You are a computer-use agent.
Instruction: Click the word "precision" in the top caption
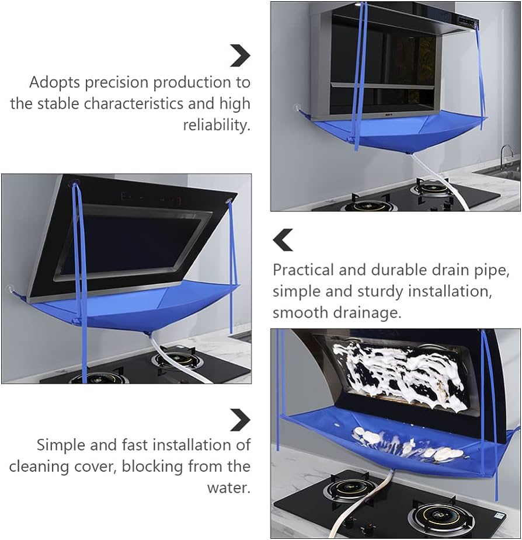(116, 83)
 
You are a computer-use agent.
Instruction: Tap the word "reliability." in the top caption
(217, 125)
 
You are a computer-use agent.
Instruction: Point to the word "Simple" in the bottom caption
(60, 445)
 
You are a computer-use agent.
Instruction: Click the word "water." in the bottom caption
(229, 487)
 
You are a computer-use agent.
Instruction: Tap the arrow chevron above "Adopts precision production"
(240, 55)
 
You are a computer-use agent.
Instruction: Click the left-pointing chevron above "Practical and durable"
(283, 240)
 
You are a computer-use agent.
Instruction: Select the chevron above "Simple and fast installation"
(240, 420)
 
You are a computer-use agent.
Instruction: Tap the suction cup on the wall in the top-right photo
(296, 109)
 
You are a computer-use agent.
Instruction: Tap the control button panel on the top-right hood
(467, 21)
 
